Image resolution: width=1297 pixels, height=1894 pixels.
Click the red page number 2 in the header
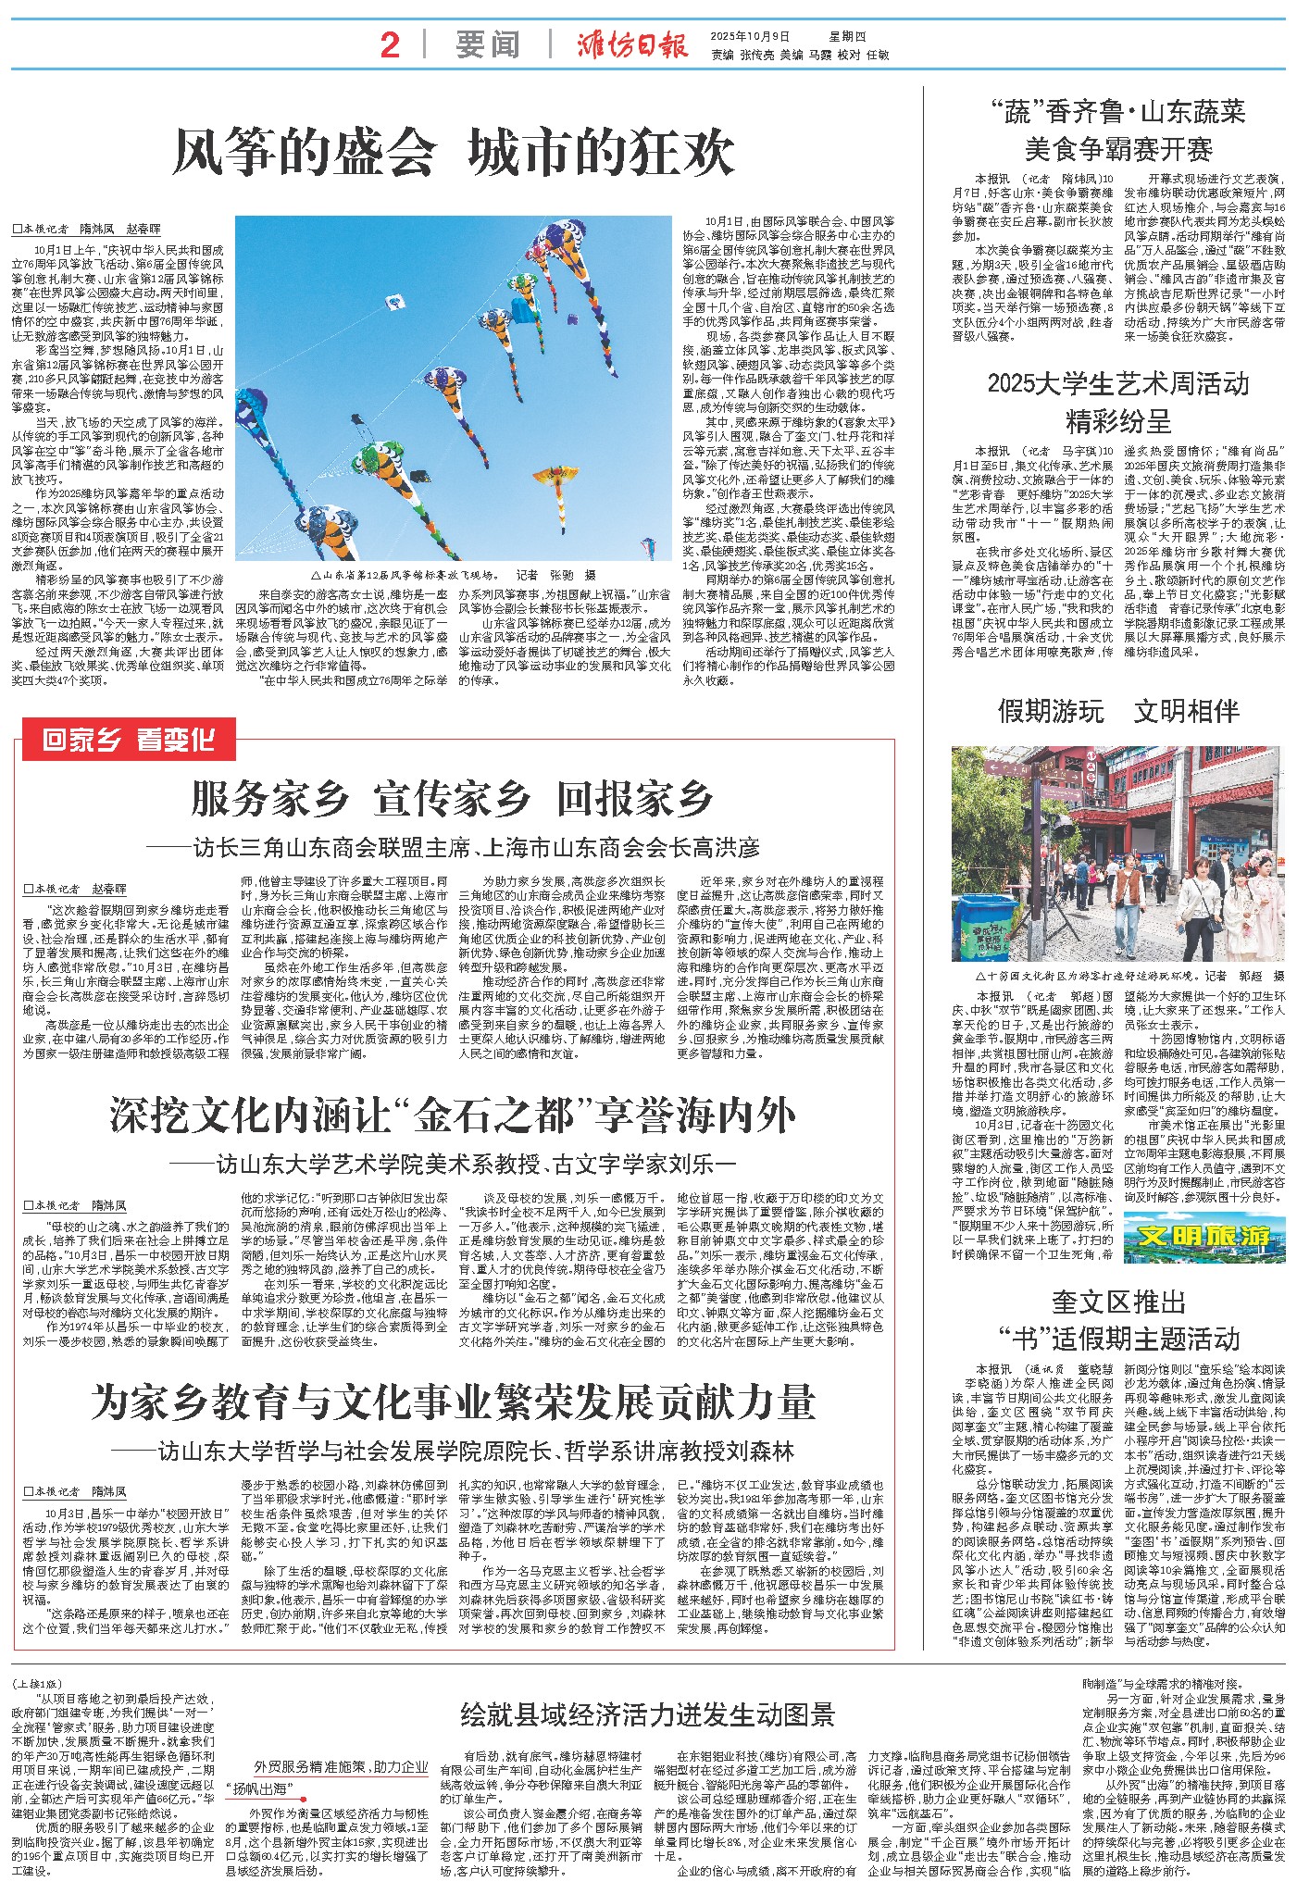[x=391, y=44]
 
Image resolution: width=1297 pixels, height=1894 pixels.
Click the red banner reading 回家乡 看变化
[x=129, y=740]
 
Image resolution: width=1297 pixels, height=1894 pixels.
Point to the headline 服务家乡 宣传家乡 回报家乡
[x=452, y=799]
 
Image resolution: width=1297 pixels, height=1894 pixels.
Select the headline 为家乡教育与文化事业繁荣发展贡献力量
[x=453, y=1402]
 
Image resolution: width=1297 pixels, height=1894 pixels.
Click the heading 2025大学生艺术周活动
[x=1117, y=383]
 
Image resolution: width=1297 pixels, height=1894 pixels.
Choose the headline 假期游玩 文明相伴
[x=1117, y=711]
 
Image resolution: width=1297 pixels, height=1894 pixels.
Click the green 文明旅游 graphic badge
[x=1204, y=1236]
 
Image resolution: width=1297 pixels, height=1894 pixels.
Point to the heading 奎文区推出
[x=1117, y=1302]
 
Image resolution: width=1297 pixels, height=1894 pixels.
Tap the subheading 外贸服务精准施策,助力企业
[x=342, y=1766]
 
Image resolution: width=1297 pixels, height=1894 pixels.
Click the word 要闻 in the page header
[x=487, y=44]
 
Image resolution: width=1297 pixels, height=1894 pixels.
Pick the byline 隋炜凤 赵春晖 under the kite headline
[x=87, y=228]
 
